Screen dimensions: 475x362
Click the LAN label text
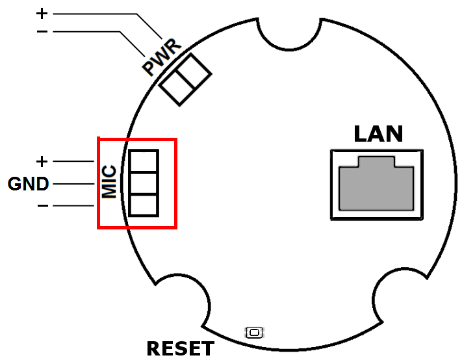[378, 134]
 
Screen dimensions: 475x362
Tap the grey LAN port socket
[376, 183]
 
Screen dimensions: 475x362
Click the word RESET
[180, 348]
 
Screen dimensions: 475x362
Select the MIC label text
[109, 181]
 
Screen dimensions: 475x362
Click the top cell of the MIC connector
[144, 161]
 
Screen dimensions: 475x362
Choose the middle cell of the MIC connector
[144, 183]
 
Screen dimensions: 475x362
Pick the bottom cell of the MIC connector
[144, 205]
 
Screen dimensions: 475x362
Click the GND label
[28, 184]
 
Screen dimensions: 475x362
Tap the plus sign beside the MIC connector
[42, 161]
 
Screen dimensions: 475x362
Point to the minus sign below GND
[43, 206]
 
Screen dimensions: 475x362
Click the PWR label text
[162, 58]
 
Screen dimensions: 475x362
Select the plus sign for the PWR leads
[42, 14]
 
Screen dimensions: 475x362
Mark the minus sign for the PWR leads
[42, 31]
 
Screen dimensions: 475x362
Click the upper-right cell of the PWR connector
[194, 71]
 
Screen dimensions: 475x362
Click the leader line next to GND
[73, 184]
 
